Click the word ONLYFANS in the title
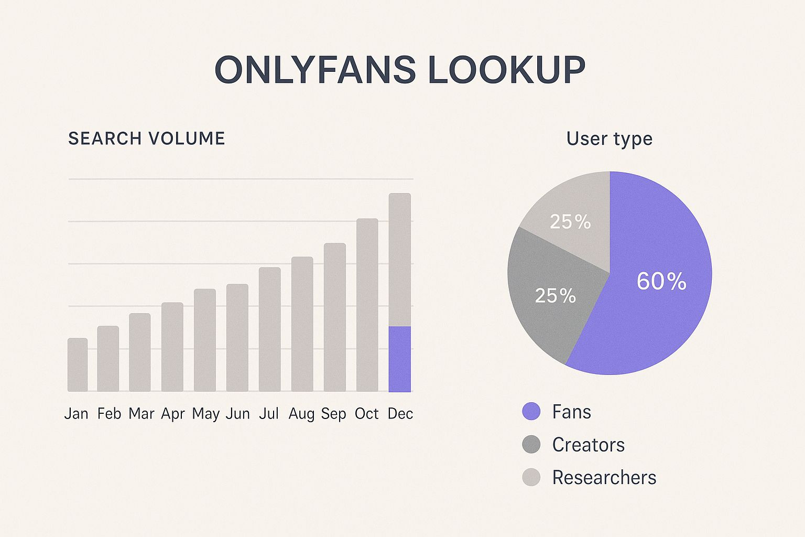[x=315, y=70]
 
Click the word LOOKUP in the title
[x=506, y=70]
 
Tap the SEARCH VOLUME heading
[x=147, y=138]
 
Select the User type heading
[x=609, y=139]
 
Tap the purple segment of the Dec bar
[x=399, y=359]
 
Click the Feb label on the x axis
[x=109, y=414]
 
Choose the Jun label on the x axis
[x=237, y=414]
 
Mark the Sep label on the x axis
[x=334, y=414]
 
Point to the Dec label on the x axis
[x=400, y=414]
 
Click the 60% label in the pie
[x=661, y=282]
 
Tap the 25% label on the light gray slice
[x=570, y=222]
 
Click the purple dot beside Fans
[x=531, y=412]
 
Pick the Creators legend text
[x=588, y=445]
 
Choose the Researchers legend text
[x=604, y=478]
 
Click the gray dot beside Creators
[x=531, y=445]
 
